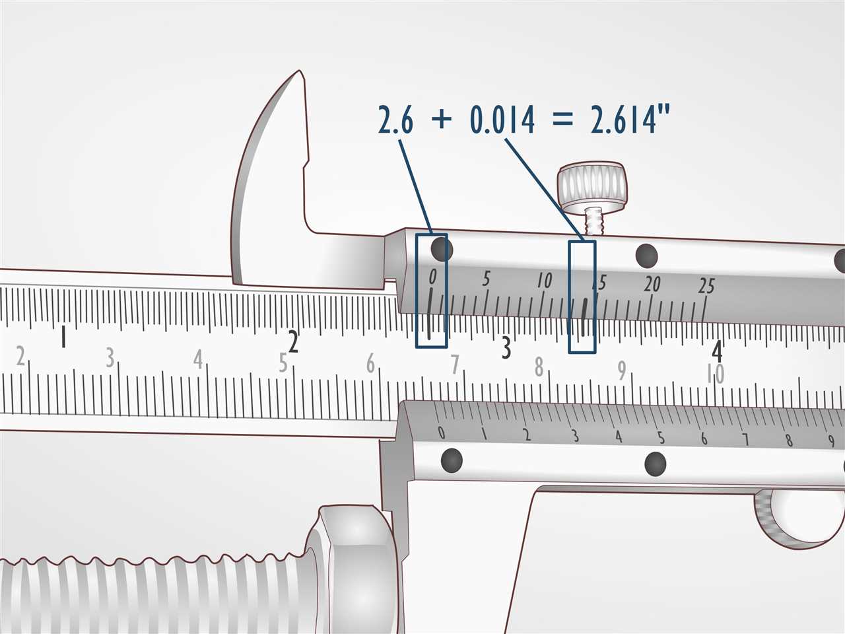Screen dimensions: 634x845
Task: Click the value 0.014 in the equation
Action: click(x=502, y=120)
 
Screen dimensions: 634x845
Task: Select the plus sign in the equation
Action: click(x=442, y=121)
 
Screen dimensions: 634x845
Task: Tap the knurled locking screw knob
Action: click(x=591, y=186)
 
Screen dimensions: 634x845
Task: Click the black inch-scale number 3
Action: click(x=506, y=348)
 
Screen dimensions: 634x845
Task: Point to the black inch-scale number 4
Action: click(x=717, y=350)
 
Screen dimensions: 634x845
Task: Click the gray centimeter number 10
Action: click(x=716, y=374)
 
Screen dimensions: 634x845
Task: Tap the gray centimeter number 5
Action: click(x=283, y=363)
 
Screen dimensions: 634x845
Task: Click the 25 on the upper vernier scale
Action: click(x=706, y=285)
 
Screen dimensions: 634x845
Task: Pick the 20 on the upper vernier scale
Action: click(x=652, y=284)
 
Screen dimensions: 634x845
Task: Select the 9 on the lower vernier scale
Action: click(x=830, y=441)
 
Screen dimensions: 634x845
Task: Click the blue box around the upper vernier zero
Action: click(x=431, y=291)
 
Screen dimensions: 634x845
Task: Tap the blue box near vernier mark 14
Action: click(x=582, y=296)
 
